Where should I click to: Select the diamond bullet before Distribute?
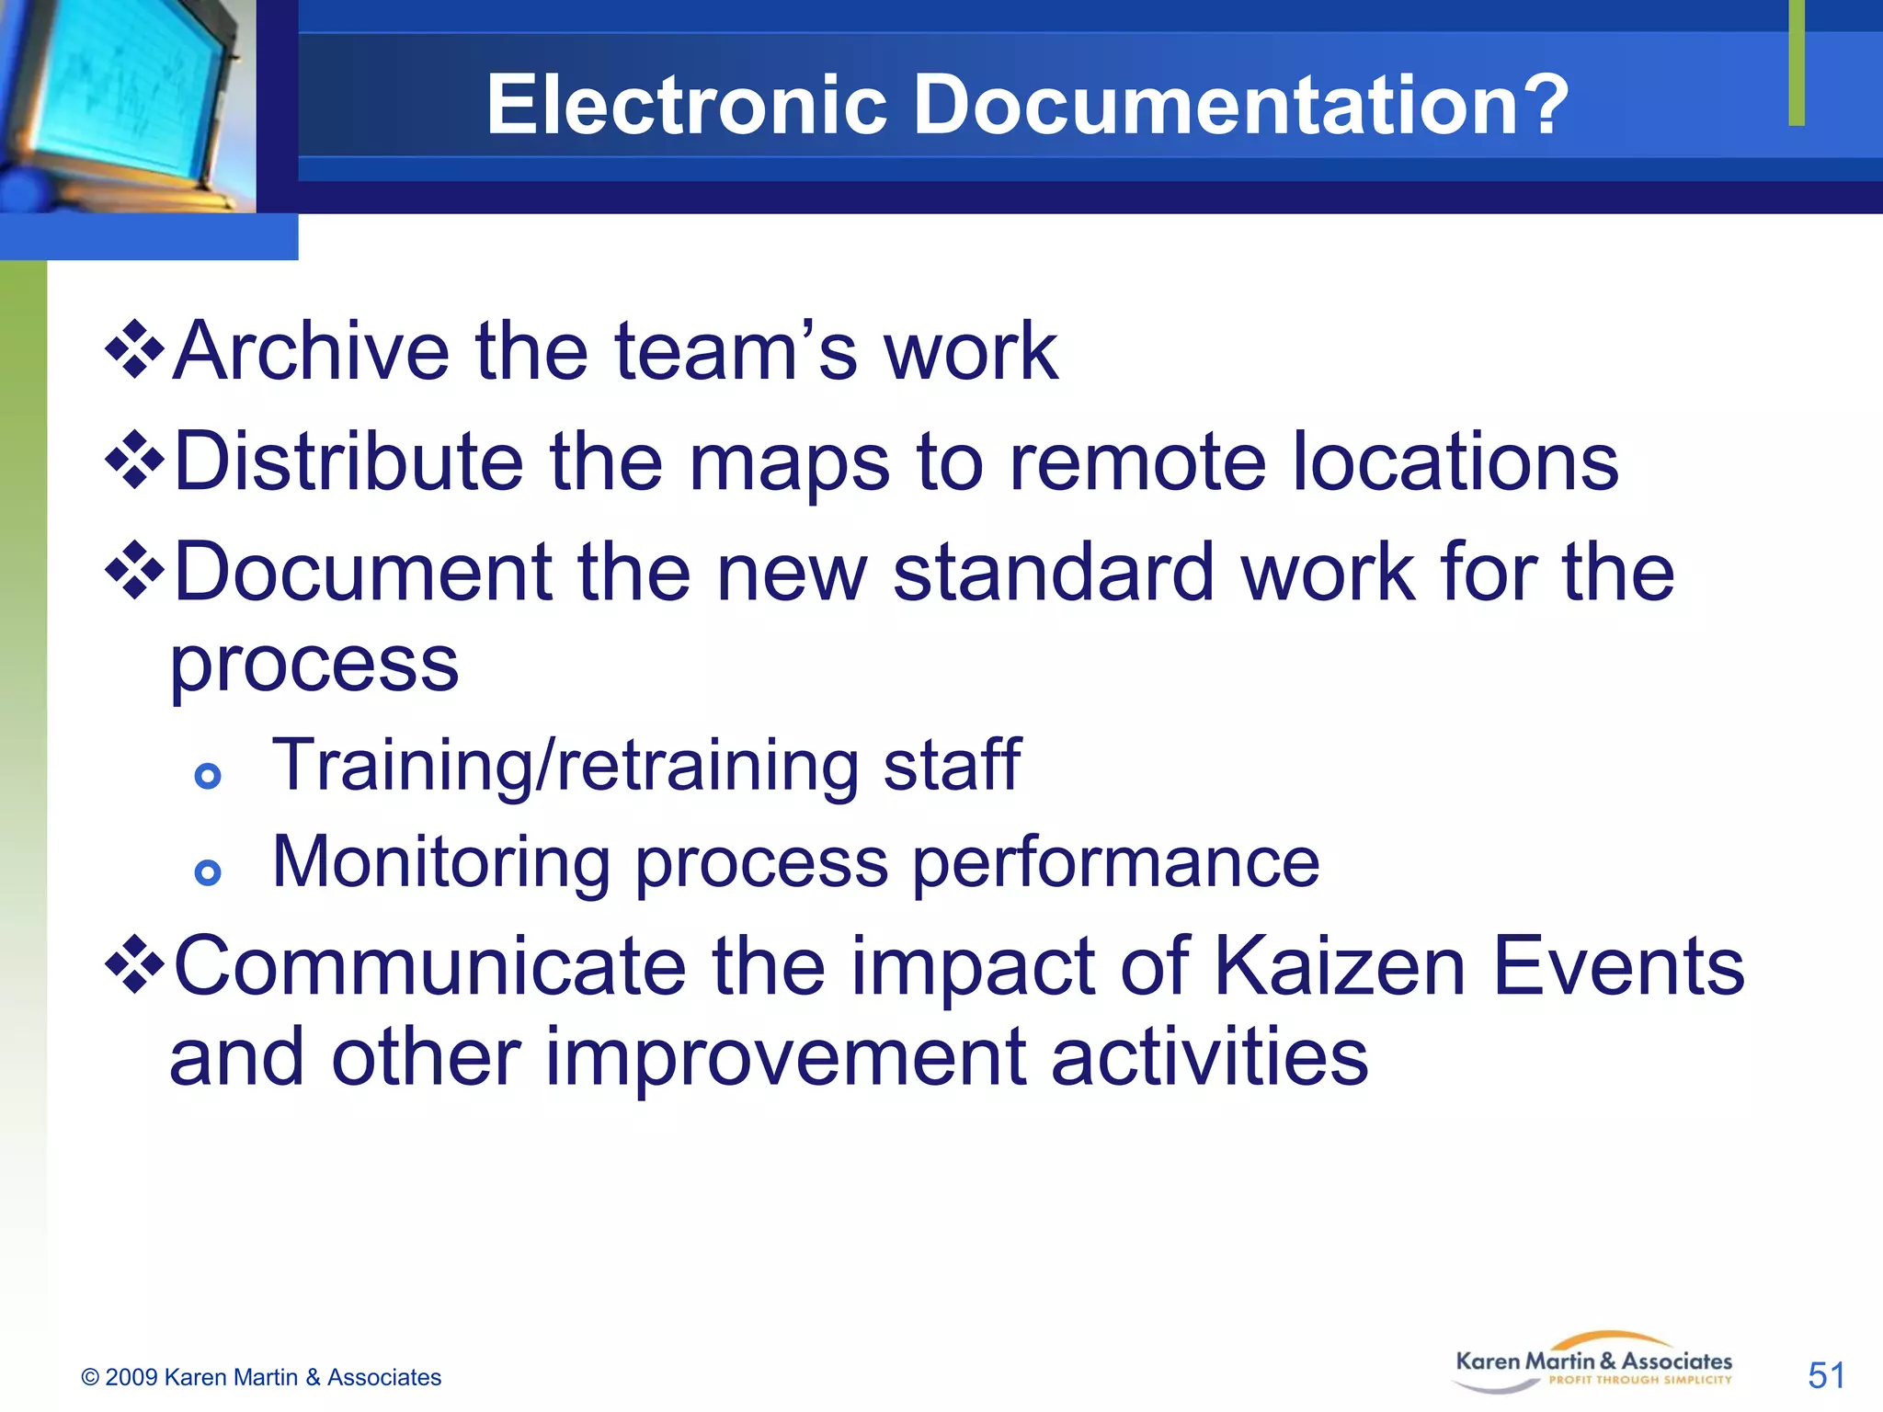point(135,459)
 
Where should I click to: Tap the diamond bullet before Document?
point(135,570)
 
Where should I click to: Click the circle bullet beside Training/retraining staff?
point(209,776)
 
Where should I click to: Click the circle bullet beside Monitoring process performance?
point(209,871)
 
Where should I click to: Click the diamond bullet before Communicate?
point(135,964)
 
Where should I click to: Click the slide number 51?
point(1826,1375)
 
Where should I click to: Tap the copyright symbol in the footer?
point(90,1377)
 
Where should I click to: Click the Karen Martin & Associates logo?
point(1593,1362)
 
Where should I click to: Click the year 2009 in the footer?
point(131,1377)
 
